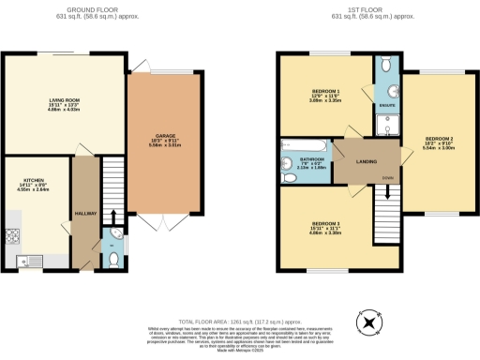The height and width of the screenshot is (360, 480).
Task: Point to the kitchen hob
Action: pos(12,235)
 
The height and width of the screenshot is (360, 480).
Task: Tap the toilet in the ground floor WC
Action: pos(112,259)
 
